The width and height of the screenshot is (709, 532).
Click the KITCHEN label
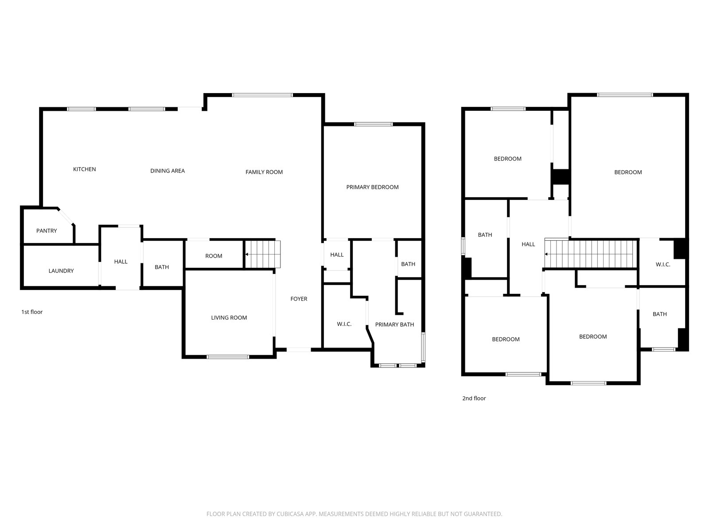click(84, 169)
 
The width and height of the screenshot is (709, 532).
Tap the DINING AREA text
click(168, 171)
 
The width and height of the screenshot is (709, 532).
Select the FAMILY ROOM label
click(264, 172)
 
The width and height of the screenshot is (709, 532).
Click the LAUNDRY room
click(61, 266)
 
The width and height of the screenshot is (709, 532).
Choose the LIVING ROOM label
click(229, 318)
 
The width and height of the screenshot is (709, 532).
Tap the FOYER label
click(299, 299)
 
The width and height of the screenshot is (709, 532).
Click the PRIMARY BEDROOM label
click(372, 188)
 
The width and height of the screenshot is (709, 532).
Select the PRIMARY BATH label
click(394, 325)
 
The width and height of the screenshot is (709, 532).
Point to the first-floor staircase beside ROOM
click(262, 254)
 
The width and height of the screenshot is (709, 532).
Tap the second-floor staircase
click(590, 254)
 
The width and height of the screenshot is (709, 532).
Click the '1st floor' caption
click(32, 312)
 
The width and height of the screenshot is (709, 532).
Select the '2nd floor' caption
click(474, 398)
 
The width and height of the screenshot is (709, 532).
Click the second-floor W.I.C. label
click(662, 265)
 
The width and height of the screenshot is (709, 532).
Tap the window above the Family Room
click(262, 95)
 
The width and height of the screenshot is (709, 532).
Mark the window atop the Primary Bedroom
click(373, 125)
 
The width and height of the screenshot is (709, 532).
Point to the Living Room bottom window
click(228, 357)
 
